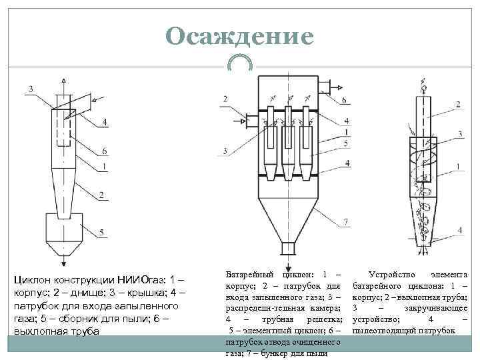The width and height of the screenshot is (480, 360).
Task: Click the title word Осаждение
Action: (x=240, y=36)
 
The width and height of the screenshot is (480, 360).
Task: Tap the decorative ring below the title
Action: (x=239, y=63)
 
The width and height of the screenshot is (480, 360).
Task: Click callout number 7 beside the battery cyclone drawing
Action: (x=346, y=221)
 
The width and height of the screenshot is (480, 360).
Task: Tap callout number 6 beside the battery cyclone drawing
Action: (x=344, y=100)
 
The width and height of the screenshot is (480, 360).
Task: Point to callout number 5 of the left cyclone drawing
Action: (x=101, y=232)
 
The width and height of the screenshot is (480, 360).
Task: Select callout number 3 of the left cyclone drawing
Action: (x=30, y=89)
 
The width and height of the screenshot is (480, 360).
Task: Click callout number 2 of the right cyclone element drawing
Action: (x=458, y=103)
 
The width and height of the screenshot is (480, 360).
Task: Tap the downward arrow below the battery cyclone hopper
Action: (x=287, y=261)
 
